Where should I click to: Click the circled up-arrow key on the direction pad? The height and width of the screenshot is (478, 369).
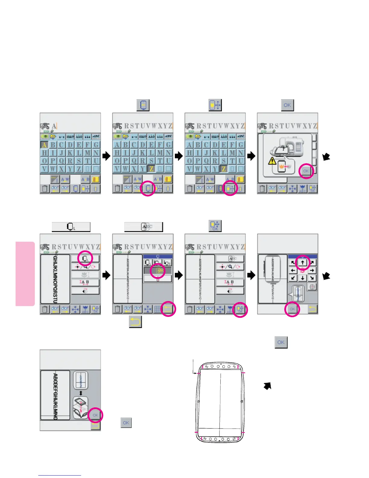tap(302, 263)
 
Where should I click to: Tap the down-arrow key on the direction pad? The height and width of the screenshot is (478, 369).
tap(302, 278)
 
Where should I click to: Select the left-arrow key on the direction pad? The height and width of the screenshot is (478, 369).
tap(293, 270)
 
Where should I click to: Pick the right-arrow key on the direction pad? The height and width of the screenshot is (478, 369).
tap(312, 270)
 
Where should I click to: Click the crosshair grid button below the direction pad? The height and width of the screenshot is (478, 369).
tap(312, 287)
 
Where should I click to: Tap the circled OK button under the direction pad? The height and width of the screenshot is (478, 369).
tap(292, 309)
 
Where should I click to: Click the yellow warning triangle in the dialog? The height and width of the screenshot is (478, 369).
tap(272, 161)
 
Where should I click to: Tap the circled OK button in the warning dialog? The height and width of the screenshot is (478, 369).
tap(306, 171)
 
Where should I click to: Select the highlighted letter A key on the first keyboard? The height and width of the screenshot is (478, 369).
tap(44, 145)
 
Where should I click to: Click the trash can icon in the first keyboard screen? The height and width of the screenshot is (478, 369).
tap(45, 189)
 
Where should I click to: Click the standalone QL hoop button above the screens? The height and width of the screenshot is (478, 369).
tap(71, 227)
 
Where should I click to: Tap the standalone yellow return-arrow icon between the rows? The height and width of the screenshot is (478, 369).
tap(135, 322)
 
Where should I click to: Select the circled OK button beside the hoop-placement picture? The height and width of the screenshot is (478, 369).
tap(95, 415)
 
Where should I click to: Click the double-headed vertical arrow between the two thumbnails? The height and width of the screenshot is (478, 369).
tap(80, 393)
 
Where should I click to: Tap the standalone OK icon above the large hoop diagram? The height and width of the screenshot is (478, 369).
tap(281, 343)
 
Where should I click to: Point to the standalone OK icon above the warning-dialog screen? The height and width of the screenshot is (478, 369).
tap(287, 105)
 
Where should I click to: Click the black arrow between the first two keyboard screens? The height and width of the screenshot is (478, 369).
tap(106, 156)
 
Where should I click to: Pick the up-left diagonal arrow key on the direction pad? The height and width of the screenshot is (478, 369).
tap(293, 263)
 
